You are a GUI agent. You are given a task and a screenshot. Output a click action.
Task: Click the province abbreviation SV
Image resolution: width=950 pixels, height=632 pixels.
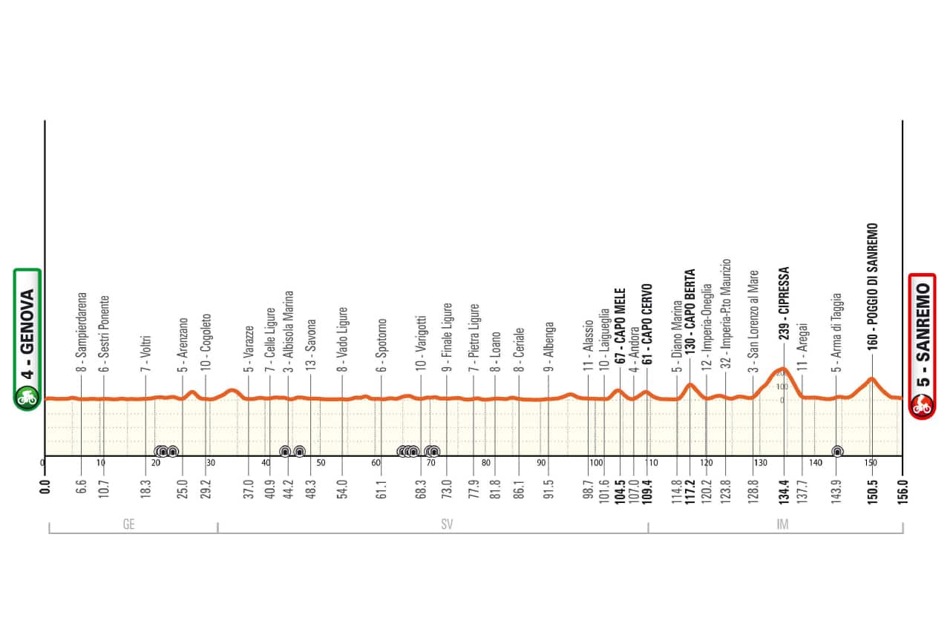[447, 524]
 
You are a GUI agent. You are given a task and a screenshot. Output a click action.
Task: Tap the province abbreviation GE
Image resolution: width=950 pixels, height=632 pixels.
[128, 524]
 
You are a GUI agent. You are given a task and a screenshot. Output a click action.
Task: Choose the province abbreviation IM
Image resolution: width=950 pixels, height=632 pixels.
[782, 524]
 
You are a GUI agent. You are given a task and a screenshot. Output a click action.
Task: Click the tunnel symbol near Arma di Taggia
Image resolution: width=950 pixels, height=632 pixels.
[837, 451]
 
